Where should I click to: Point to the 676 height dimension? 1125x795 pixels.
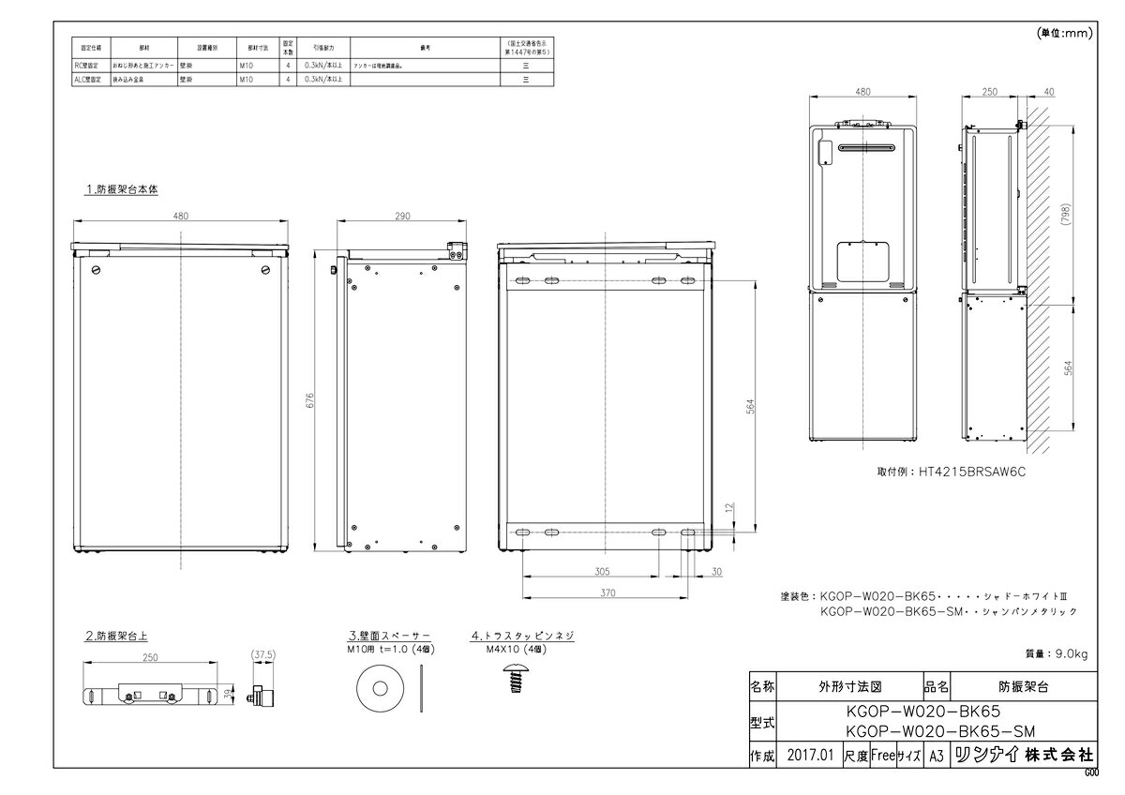point(310,400)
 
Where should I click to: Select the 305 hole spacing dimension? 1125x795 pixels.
point(602,570)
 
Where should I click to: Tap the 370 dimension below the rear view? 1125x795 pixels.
point(607,592)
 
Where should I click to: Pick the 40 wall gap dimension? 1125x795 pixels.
point(1048,91)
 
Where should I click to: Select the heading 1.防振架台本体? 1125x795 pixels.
point(122,189)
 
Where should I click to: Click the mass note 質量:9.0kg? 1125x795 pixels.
point(1057,653)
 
